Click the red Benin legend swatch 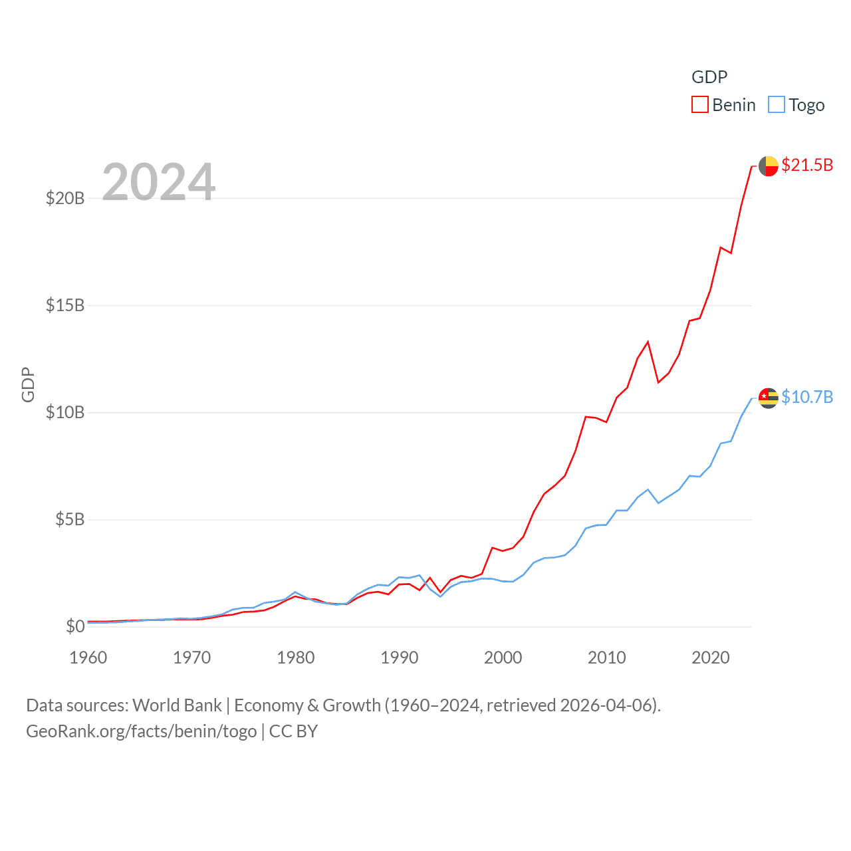pos(700,105)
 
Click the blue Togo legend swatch pos(777,105)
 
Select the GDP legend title pos(709,77)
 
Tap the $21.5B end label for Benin pos(807,165)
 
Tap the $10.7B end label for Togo pos(807,397)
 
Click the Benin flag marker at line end pos(769,166)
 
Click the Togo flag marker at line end pos(769,398)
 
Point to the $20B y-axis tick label pos(65,198)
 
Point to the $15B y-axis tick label pos(65,305)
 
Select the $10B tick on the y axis pos(65,412)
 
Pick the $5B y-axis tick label pos(70,519)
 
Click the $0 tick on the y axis pos(75,626)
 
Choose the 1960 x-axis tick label pos(88,658)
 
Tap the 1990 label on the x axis pos(400,658)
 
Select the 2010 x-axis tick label pos(607,658)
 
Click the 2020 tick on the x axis pos(711,658)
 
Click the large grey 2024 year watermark pos(159,182)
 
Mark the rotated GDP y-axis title pos(28,384)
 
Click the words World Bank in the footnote pos(178,705)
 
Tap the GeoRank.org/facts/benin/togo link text pos(142,731)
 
